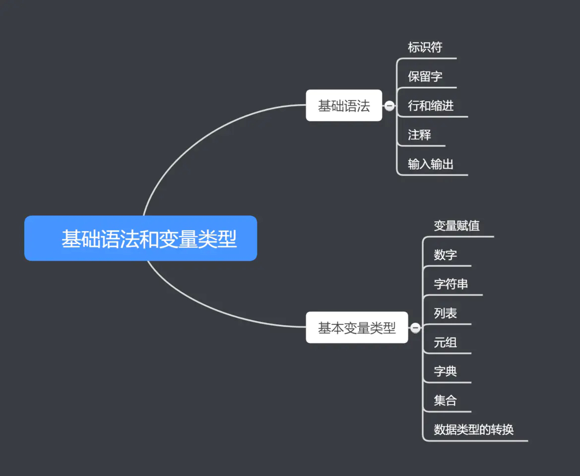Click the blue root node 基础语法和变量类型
click(140, 238)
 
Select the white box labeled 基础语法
click(344, 105)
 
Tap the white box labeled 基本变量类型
click(357, 327)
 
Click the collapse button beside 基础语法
click(389, 106)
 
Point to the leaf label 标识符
click(425, 47)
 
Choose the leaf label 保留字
click(425, 76)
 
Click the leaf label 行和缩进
click(431, 106)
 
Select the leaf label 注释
click(419, 135)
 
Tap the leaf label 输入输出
click(431, 164)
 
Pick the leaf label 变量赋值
click(456, 226)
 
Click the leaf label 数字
click(446, 255)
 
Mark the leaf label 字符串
click(451, 284)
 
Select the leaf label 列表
click(446, 313)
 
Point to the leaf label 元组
click(446, 342)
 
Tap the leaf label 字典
click(446, 371)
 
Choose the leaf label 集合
click(446, 400)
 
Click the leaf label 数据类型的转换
click(473, 429)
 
